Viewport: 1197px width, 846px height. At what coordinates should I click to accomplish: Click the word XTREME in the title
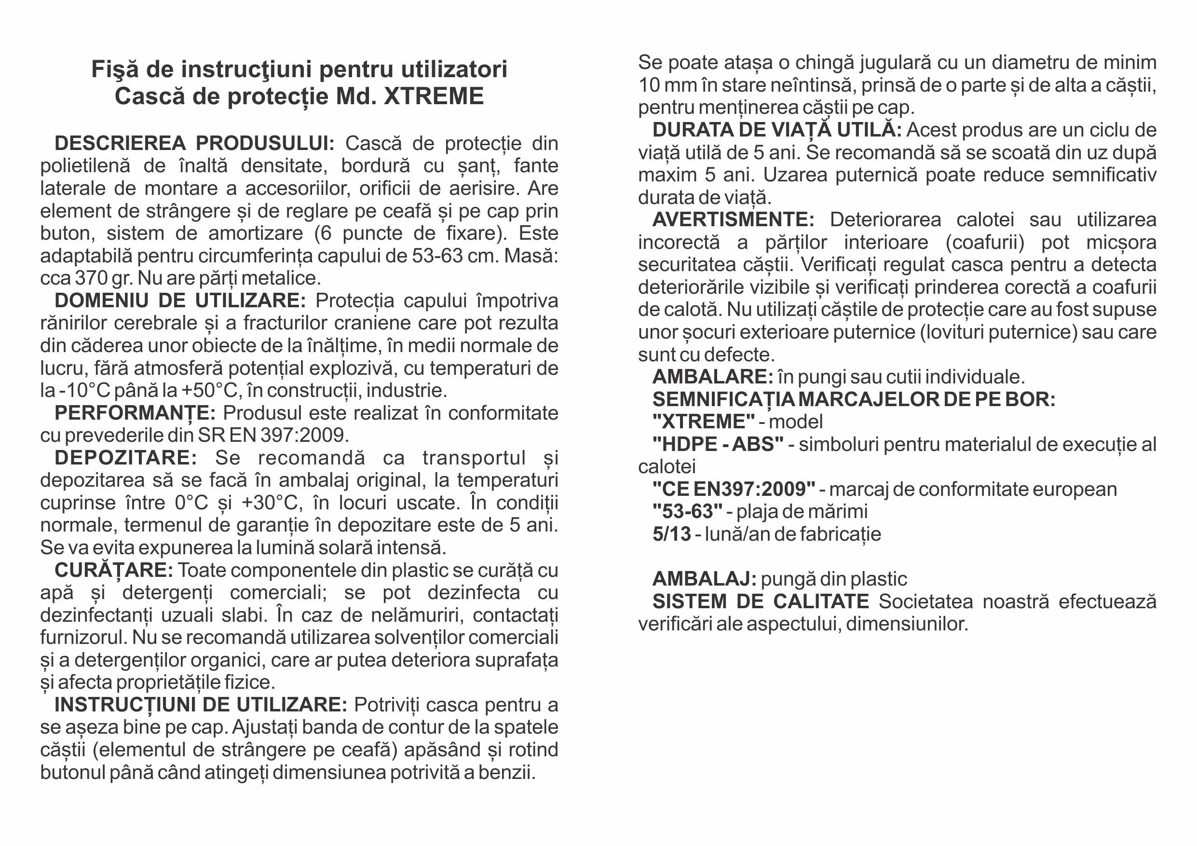click(434, 96)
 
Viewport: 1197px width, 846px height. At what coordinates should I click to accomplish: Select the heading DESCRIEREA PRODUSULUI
click(194, 143)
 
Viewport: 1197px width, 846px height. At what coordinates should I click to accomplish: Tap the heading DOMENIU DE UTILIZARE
click(180, 301)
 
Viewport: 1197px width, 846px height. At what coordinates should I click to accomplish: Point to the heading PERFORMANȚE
click(135, 413)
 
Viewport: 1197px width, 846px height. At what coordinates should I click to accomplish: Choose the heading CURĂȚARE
click(114, 570)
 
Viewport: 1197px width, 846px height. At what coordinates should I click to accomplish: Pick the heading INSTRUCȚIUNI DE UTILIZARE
click(201, 705)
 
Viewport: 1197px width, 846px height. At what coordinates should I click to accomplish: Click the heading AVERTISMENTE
click(733, 220)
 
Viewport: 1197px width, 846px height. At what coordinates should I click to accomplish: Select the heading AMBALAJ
click(704, 579)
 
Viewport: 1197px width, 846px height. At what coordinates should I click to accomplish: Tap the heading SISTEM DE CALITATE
click(761, 601)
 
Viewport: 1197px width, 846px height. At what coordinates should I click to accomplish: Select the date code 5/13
click(671, 534)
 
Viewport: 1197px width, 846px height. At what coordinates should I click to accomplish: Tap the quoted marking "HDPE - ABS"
click(718, 444)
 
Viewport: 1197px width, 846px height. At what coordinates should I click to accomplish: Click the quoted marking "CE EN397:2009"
click(734, 490)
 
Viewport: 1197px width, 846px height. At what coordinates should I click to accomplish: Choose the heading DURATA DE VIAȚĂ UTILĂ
click(777, 130)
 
